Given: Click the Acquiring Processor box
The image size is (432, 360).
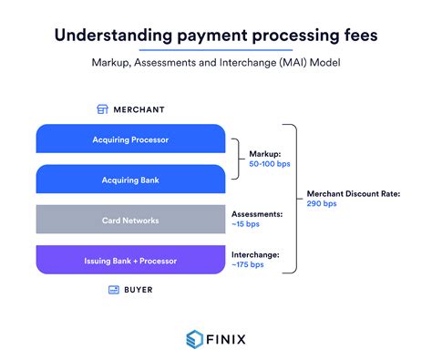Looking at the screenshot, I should [130, 139].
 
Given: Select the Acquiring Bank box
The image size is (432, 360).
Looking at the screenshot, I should [130, 180].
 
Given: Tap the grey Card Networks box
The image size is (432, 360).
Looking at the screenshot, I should [130, 220].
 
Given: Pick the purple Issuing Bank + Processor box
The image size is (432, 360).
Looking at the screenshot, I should [130, 260].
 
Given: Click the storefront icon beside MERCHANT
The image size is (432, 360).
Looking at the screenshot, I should [103, 109].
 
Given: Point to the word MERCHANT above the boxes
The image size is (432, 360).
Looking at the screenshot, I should [139, 109].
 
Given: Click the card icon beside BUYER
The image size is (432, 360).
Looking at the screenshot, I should [114, 290].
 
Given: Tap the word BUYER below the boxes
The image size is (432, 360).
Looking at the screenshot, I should [139, 290].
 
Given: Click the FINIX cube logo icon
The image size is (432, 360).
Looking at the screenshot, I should [192, 338].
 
